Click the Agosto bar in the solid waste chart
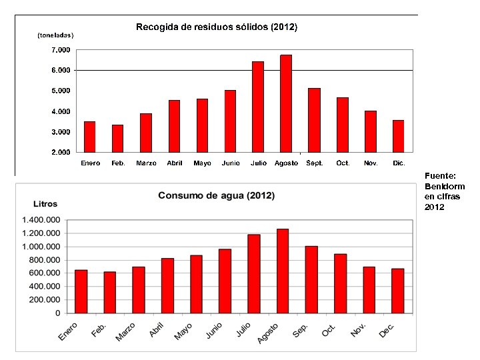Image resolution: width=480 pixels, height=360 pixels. pos(286,103)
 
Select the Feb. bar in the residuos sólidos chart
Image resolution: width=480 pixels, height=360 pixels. pos(117,138)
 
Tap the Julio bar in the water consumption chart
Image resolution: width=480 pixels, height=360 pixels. pos(254,273)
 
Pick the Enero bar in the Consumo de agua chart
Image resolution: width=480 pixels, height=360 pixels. pos(81,291)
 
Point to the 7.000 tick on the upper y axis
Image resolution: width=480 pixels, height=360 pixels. pos(61,50)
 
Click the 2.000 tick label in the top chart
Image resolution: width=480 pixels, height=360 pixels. pos(61,152)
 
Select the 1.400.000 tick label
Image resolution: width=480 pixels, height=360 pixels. pos(41,220)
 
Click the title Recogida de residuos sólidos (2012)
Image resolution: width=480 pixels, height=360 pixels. pos(217,27)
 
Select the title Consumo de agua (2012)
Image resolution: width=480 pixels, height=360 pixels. pos(216,196)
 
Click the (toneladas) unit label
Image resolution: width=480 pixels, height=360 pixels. pos(55,35)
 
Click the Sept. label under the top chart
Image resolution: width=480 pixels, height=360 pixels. pos(315,163)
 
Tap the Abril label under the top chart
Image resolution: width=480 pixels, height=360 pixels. pos(175,163)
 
